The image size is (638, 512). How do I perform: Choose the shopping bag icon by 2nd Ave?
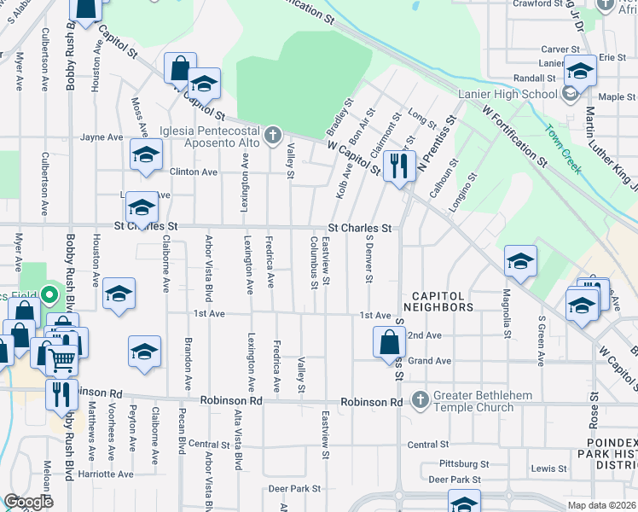click(389, 342)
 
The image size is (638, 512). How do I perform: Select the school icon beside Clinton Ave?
click(146, 155)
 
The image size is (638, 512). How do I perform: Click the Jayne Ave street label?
click(102, 137)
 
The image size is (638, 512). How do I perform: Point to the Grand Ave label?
click(429, 361)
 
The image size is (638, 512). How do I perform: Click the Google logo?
click(29, 502)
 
